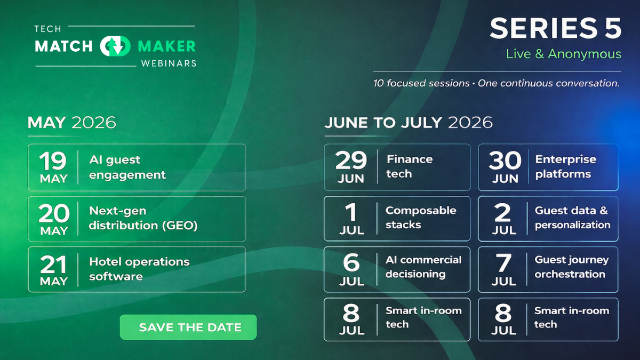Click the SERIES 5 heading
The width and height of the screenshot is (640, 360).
[555, 28]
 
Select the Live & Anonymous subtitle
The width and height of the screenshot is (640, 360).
[564, 54]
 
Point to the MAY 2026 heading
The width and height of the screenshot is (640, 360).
[71, 122]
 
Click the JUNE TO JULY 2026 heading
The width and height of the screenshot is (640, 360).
[408, 122]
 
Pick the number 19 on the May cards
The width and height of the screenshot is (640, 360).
[53, 161]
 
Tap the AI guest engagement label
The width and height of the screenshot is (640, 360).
[127, 167]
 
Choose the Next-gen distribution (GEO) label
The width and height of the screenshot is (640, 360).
[143, 218]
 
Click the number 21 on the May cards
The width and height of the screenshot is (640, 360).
[53, 265]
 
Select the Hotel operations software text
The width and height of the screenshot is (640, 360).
[139, 269]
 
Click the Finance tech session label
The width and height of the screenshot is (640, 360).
[409, 166]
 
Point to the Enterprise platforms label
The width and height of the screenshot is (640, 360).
[565, 166]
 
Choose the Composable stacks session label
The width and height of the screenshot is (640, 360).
[420, 217]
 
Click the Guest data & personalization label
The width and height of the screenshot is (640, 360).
[572, 217]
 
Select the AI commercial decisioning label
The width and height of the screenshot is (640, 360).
[423, 267]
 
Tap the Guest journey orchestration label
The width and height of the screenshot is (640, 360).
[571, 267]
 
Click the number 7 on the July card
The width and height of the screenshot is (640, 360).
[503, 263]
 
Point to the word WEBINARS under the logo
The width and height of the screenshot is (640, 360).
[169, 63]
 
